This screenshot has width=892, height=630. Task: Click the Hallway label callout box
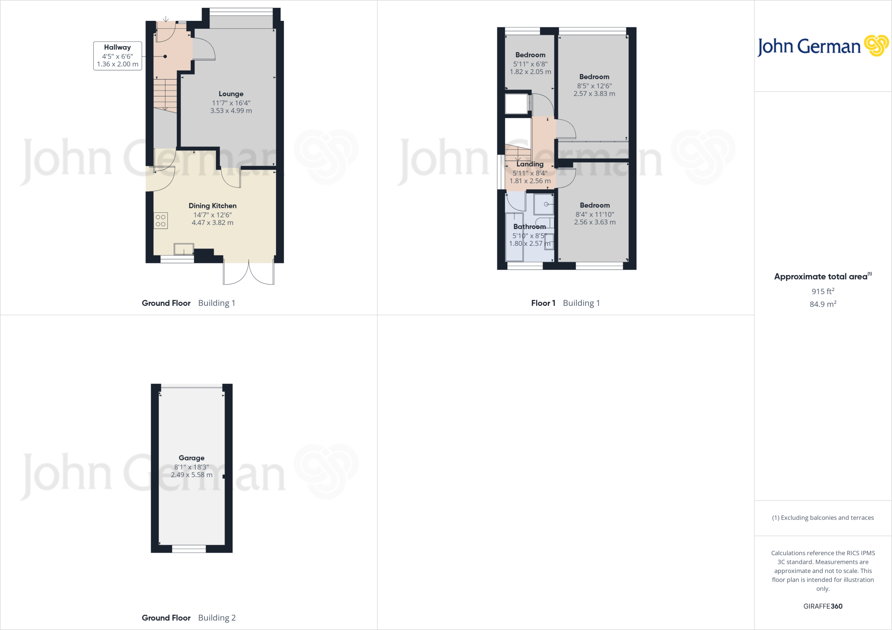click(x=118, y=56)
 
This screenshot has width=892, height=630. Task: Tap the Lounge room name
click(x=231, y=94)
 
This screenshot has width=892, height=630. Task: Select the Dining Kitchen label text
click(x=213, y=206)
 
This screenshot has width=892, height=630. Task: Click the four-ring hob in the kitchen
click(x=160, y=221)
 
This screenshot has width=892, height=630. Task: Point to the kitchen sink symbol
click(x=184, y=249)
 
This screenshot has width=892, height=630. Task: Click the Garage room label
click(x=192, y=458)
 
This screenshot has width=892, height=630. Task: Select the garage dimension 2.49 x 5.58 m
click(x=192, y=475)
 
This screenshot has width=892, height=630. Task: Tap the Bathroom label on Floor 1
click(x=530, y=227)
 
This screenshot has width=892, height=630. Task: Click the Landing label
click(x=530, y=164)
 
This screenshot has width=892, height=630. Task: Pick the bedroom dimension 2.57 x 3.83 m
click(x=595, y=94)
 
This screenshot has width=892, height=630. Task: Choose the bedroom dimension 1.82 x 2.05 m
click(x=530, y=72)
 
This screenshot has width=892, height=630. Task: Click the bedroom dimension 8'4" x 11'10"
click(x=595, y=214)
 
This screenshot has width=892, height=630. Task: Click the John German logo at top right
click(x=823, y=46)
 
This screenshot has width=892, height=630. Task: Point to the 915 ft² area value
click(x=823, y=291)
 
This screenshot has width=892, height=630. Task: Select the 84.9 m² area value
click(x=823, y=304)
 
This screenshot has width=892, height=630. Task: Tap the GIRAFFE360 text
click(x=823, y=606)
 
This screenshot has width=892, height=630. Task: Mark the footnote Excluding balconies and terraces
click(x=823, y=518)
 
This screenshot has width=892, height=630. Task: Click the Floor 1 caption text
click(x=543, y=303)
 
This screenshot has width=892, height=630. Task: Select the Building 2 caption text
click(x=217, y=618)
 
